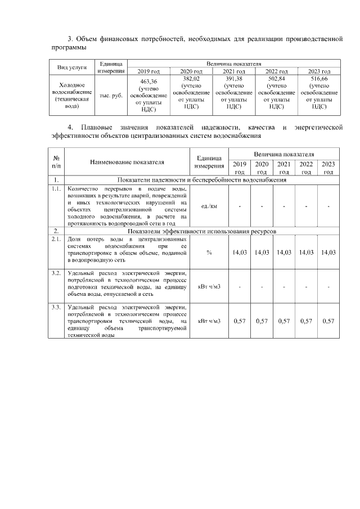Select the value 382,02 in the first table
click(x=191, y=79)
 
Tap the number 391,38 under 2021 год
click(x=232, y=79)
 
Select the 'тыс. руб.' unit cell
click(x=110, y=96)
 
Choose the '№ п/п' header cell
click(x=56, y=162)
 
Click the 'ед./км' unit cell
click(x=209, y=206)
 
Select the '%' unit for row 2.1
click(x=209, y=253)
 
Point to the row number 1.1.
click(x=56, y=189)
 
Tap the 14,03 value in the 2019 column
click(x=240, y=253)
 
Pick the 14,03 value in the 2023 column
click(x=328, y=253)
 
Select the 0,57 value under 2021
click(x=284, y=321)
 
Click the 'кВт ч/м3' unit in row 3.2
click(x=209, y=287)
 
